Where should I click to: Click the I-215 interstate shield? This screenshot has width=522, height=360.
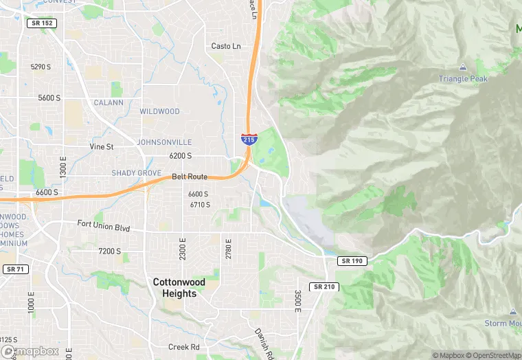(249, 139)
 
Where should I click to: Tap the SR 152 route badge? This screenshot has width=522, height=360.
(43, 23)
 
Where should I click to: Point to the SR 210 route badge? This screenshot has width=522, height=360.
(324, 286)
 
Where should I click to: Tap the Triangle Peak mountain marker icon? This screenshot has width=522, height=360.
(462, 68)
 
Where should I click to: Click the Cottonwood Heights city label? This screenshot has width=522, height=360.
(174, 288)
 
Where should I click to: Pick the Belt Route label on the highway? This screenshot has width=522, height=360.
(190, 177)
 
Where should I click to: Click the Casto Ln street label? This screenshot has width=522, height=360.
(226, 46)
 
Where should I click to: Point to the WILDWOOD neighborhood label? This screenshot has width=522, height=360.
(159, 111)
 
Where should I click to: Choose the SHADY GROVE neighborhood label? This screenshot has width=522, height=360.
(137, 172)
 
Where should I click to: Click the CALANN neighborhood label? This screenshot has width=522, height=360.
(109, 103)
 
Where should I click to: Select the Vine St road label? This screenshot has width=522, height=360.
(101, 146)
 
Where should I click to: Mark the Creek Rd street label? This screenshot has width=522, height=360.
(183, 347)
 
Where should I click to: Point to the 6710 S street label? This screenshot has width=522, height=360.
(199, 205)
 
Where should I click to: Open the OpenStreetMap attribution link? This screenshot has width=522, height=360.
(496, 355)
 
